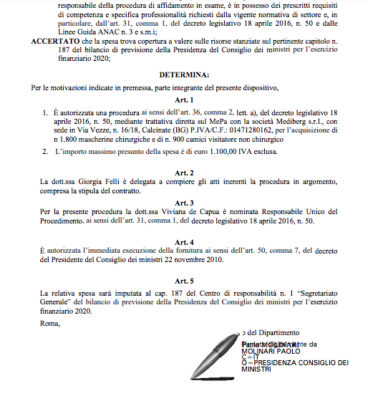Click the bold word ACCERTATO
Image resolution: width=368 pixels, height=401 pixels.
tap(52, 42)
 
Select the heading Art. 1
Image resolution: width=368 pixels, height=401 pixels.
tap(185, 101)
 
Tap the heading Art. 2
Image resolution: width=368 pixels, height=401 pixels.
tap(185, 173)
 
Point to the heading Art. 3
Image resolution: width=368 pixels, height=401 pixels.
tap(185, 203)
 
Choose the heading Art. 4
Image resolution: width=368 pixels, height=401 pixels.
tap(185, 242)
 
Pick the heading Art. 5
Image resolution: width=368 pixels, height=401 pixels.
tap(185, 281)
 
